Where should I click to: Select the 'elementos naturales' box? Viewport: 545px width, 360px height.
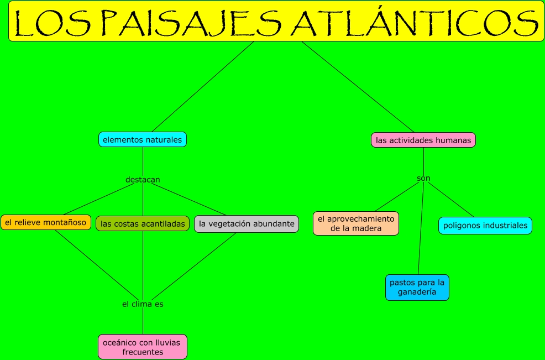click(x=143, y=140)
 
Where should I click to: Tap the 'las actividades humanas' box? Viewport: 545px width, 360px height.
click(x=423, y=140)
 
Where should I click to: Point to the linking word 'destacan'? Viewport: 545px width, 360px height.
click(x=143, y=180)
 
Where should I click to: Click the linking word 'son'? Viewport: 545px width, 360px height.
click(x=423, y=178)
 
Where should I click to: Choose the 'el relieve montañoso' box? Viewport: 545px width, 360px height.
click(x=46, y=223)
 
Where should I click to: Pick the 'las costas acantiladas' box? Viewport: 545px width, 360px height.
click(x=143, y=224)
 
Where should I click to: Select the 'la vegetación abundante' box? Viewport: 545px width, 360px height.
click(x=247, y=224)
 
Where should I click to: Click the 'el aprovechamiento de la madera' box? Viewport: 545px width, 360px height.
click(x=356, y=223)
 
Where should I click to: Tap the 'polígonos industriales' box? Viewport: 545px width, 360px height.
click(x=485, y=226)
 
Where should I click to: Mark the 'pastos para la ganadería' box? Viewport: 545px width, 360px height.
click(x=417, y=288)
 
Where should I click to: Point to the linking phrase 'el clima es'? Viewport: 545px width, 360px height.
click(x=143, y=304)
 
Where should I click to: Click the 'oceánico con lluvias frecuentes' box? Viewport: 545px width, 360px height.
click(x=143, y=347)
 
